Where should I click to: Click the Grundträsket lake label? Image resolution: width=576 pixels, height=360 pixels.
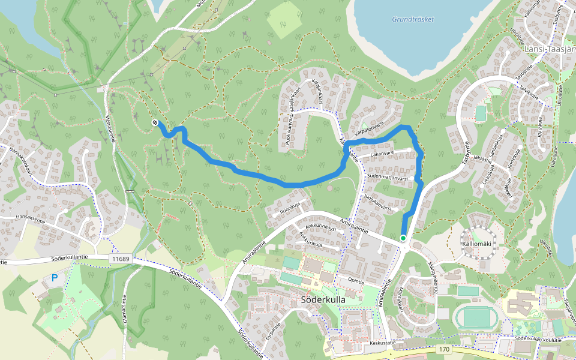413,19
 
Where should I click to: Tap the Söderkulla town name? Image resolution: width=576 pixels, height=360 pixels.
321,300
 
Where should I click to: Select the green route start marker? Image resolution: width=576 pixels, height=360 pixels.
403,239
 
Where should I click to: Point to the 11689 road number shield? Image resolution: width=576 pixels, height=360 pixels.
120,259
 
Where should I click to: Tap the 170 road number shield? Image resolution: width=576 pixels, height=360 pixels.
444,349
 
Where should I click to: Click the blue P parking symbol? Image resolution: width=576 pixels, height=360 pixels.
55,278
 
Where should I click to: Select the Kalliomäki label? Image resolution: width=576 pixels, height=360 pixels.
476,245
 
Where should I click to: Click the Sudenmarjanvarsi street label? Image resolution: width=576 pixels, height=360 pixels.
387,178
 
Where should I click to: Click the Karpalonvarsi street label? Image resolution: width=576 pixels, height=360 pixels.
370,128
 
